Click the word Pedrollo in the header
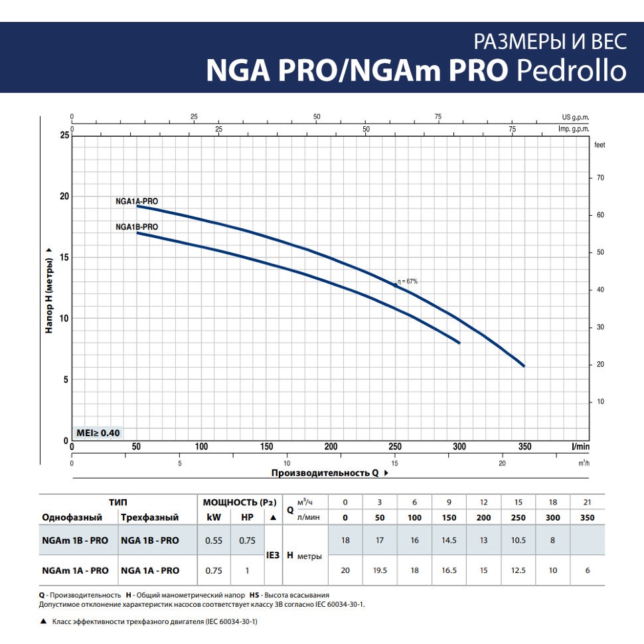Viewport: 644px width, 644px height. pos(572,70)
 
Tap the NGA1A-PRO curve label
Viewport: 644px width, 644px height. pos(137,200)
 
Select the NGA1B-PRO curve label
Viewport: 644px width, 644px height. pos(137,226)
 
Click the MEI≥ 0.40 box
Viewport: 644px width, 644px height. pos(98,433)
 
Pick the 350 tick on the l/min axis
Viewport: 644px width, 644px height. pos(524,446)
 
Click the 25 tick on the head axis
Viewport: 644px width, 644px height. pos(64,135)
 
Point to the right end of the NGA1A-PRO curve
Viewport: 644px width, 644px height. pos(524,366)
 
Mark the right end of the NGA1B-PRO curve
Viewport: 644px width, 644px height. pos(459,343)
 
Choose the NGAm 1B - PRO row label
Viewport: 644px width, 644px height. pos(75,540)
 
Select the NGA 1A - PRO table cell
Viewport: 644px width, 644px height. pos(150,570)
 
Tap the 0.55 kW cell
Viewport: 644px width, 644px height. pos(214,540)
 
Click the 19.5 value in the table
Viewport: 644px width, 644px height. pos(380,570)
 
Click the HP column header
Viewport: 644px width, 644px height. pos(247,517)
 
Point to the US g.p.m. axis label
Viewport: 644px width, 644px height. pos(575,117)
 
